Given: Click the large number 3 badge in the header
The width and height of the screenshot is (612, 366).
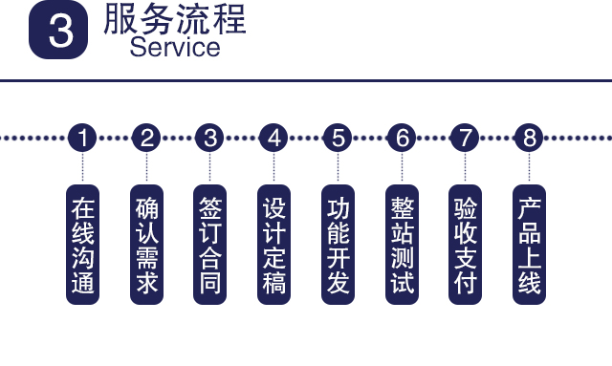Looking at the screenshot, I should (60, 30).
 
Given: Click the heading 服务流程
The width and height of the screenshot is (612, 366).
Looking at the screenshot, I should (174, 19).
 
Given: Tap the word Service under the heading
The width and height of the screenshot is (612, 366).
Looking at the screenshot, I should (174, 46).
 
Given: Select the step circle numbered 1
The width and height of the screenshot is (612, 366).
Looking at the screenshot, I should (83, 138).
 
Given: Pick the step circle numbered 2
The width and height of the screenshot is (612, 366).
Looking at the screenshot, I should (146, 138).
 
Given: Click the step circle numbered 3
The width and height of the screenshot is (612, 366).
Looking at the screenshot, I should (209, 138).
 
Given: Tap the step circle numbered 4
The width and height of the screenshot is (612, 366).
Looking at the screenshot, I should (274, 138).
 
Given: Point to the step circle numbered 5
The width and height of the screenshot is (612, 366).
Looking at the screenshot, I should (338, 138).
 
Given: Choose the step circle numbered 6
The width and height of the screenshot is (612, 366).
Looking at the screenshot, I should (402, 138).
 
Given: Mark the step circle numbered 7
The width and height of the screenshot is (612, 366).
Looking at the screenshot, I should (465, 138).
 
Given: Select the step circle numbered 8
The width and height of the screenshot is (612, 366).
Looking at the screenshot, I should (529, 138).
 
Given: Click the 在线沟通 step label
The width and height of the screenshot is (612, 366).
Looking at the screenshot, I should (83, 245).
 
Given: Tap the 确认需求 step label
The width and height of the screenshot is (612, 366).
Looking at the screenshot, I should (146, 245).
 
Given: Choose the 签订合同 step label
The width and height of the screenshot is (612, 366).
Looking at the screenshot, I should (209, 245).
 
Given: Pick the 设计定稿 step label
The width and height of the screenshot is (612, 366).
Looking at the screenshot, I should (274, 245).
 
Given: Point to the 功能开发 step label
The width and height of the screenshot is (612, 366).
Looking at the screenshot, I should (338, 245).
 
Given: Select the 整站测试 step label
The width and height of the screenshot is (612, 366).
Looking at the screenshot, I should (402, 245).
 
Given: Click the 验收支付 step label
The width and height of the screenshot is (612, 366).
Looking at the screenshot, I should (465, 245).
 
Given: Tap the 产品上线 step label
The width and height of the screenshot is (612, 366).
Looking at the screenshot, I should (529, 245).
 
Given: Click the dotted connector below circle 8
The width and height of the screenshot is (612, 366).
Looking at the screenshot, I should (529, 168).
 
